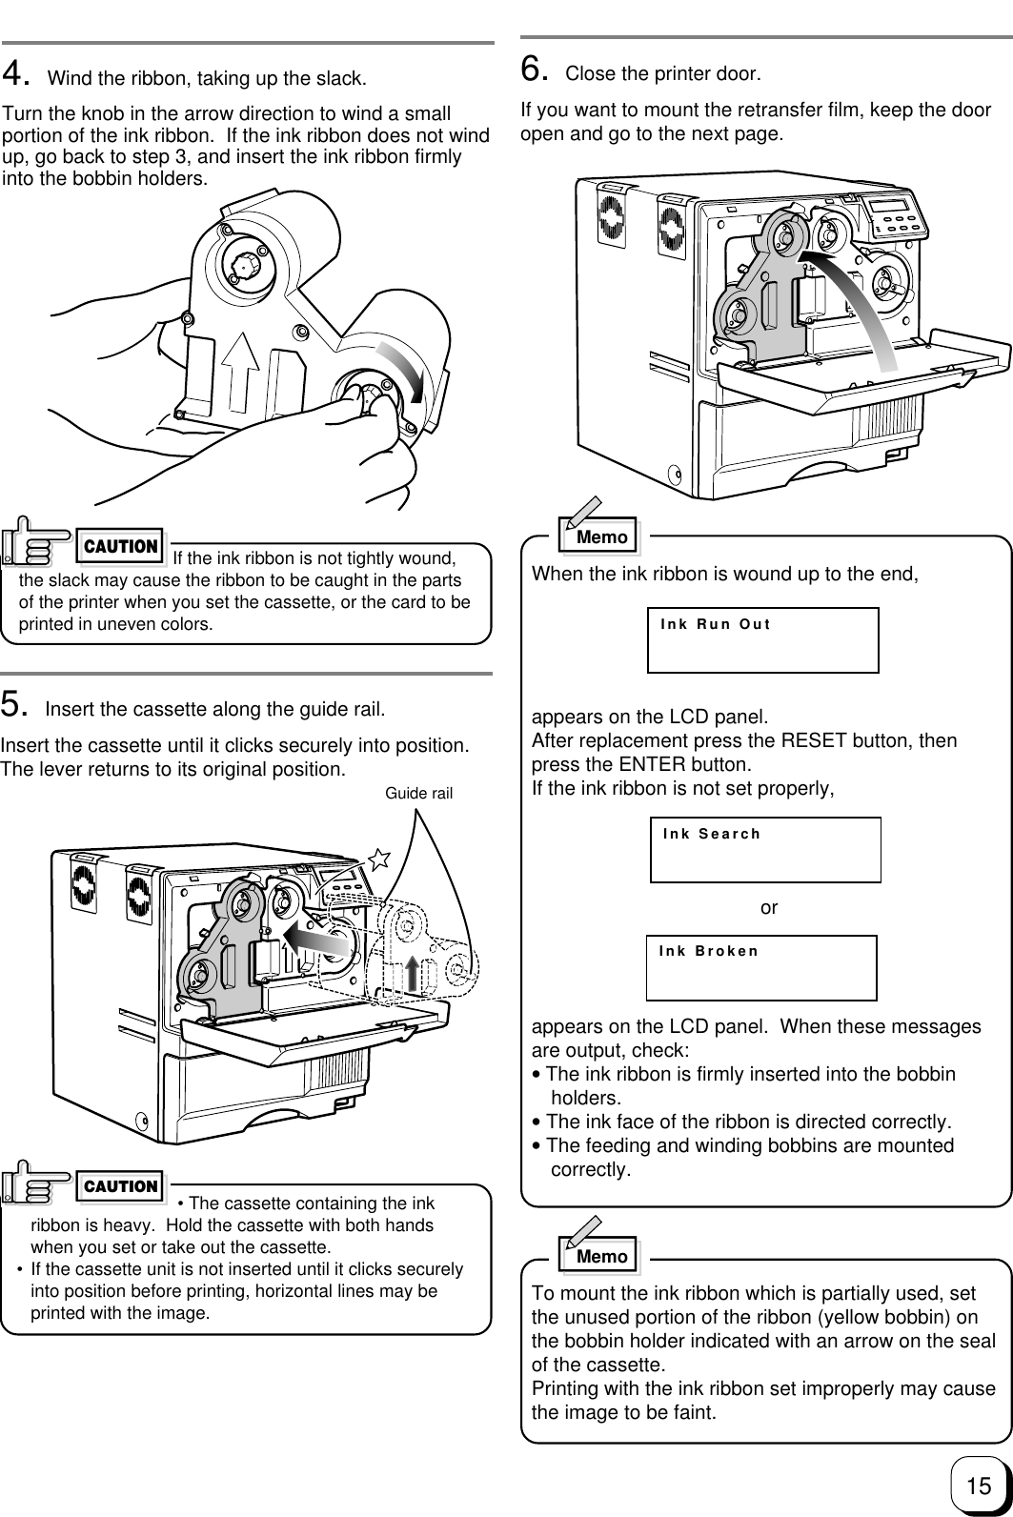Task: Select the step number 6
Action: coord(534,69)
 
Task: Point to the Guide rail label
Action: coord(419,793)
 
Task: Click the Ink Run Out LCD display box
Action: coord(762,639)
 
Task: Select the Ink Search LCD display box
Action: coord(765,849)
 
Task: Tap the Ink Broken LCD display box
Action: coord(761,967)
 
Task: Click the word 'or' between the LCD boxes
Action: coord(769,908)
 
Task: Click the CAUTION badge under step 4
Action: coord(121,546)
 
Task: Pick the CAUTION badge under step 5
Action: coord(121,1186)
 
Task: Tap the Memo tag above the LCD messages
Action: coord(601,536)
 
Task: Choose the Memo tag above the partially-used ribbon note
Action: coord(601,1256)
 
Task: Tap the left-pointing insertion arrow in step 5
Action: coord(320,939)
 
